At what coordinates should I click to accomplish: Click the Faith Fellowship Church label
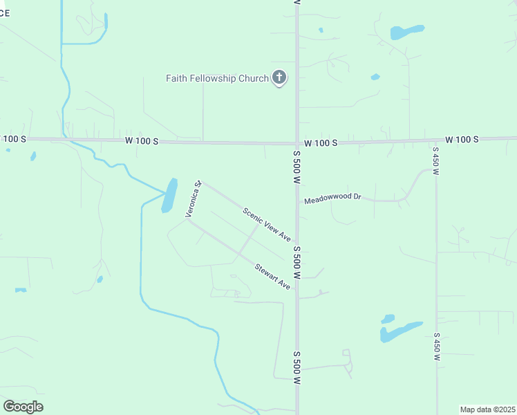216,78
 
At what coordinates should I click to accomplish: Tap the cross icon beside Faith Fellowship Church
279,77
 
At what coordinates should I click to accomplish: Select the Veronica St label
193,200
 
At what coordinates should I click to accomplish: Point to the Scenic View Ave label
267,225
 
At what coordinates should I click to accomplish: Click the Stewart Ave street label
272,276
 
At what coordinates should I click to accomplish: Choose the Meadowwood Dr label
333,197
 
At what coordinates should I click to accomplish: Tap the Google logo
23,407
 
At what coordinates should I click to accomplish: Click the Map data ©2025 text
487,409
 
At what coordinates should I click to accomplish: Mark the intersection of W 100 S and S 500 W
297,142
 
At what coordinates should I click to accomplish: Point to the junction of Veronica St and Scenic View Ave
200,183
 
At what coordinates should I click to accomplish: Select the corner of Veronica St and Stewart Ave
187,221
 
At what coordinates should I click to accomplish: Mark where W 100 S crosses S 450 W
436,140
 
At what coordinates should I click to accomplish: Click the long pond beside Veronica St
169,195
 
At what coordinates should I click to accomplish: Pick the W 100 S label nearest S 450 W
462,140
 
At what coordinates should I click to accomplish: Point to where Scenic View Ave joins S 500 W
297,243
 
